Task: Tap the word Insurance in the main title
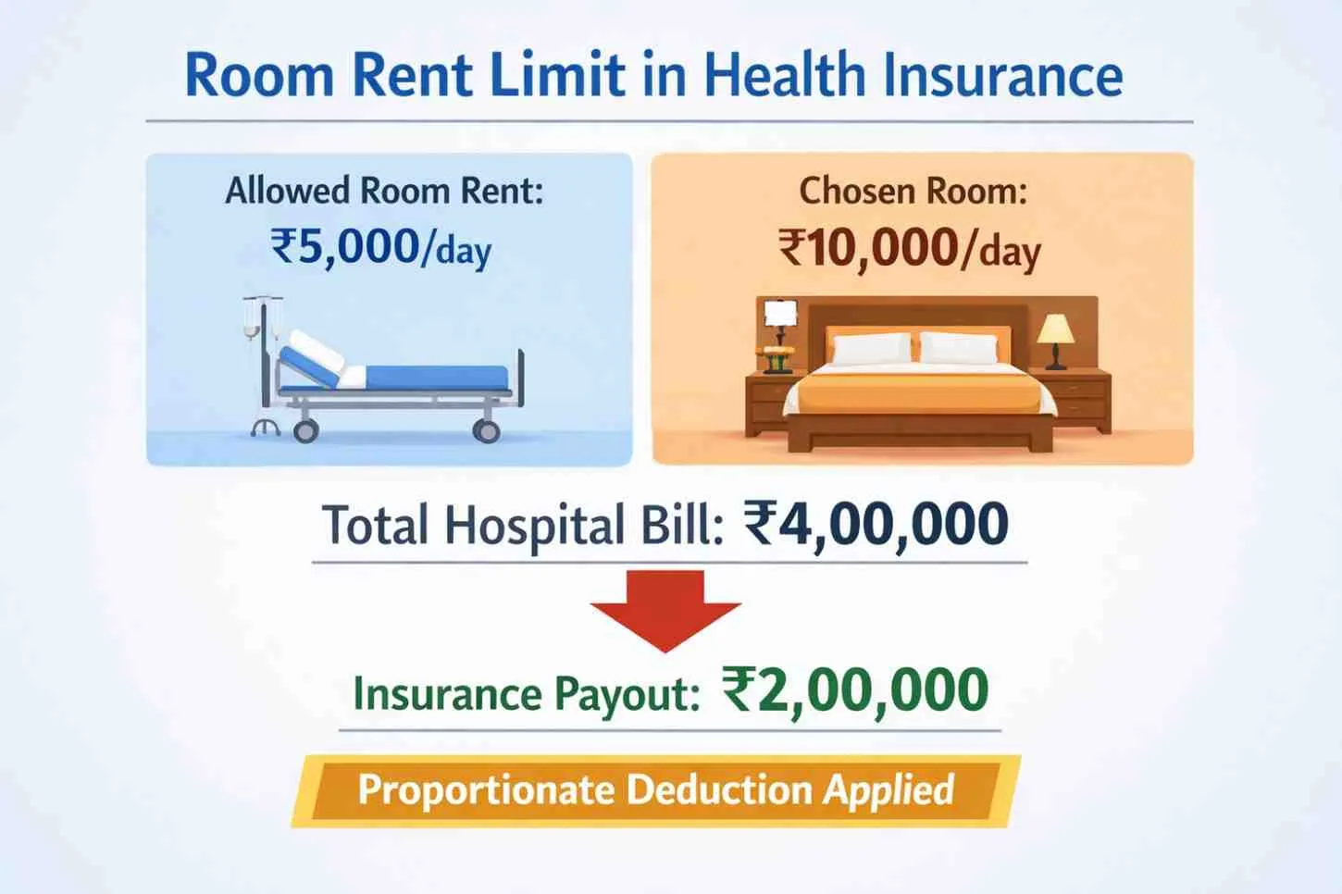coord(1003,76)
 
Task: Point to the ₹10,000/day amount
coord(910,247)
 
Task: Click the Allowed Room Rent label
coord(384,191)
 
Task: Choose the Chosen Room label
coord(913,191)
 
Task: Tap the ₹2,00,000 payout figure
coord(855,691)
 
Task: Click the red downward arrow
coord(665,611)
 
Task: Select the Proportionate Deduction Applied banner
coord(655,791)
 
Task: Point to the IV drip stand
coord(263,365)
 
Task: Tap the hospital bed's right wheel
coord(486,430)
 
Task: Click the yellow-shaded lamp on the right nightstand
coord(1056,341)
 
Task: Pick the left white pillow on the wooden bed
coord(872,349)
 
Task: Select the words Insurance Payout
coord(527,694)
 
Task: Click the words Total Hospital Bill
coord(523,526)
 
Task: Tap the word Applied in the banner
coord(888,789)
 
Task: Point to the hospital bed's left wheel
coord(305,430)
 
